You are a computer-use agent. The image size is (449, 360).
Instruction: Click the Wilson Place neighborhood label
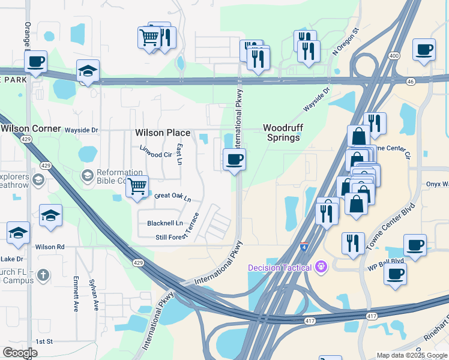(x=162, y=133)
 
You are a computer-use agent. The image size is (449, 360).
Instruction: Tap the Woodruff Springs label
(x=281, y=133)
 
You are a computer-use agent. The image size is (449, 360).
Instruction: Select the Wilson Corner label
(x=31, y=128)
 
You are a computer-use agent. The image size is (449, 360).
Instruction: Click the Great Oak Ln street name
(x=172, y=196)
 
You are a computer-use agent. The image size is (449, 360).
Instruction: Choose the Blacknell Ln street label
(x=165, y=223)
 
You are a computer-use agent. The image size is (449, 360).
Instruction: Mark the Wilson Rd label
(x=49, y=247)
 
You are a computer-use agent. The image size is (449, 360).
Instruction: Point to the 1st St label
(x=44, y=341)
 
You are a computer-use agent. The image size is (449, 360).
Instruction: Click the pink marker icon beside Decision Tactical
(x=321, y=266)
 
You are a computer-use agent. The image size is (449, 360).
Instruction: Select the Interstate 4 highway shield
(x=305, y=246)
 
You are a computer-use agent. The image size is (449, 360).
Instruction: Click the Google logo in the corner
(x=20, y=352)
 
